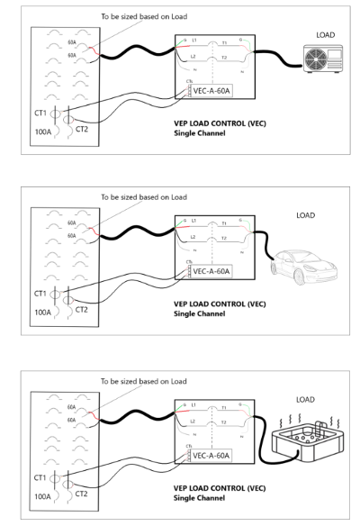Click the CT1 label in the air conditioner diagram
tap(41, 114)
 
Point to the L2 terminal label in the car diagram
tap(194, 239)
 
